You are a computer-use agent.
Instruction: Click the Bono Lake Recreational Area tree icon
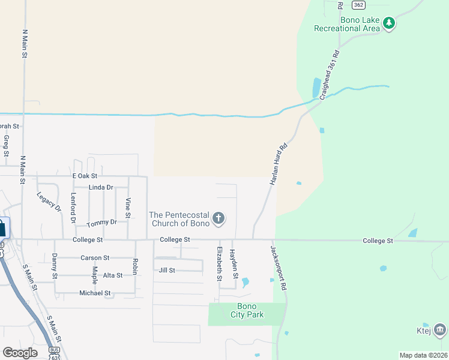coord(390,23)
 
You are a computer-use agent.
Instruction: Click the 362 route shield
coord(359,5)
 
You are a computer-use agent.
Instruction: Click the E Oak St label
coord(85,176)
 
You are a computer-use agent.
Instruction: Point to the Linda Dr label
coord(101,187)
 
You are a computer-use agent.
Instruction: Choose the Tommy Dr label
coord(101,223)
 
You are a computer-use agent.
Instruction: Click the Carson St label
coord(95,257)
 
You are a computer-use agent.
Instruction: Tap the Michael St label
coord(95,293)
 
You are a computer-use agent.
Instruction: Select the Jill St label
coord(166,270)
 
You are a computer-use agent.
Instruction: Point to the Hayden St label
coord(235,264)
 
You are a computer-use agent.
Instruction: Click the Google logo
coord(20,353)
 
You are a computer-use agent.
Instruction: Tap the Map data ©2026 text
coord(423,355)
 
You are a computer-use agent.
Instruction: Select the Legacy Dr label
coord(48,201)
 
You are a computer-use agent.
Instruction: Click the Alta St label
coord(112,275)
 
